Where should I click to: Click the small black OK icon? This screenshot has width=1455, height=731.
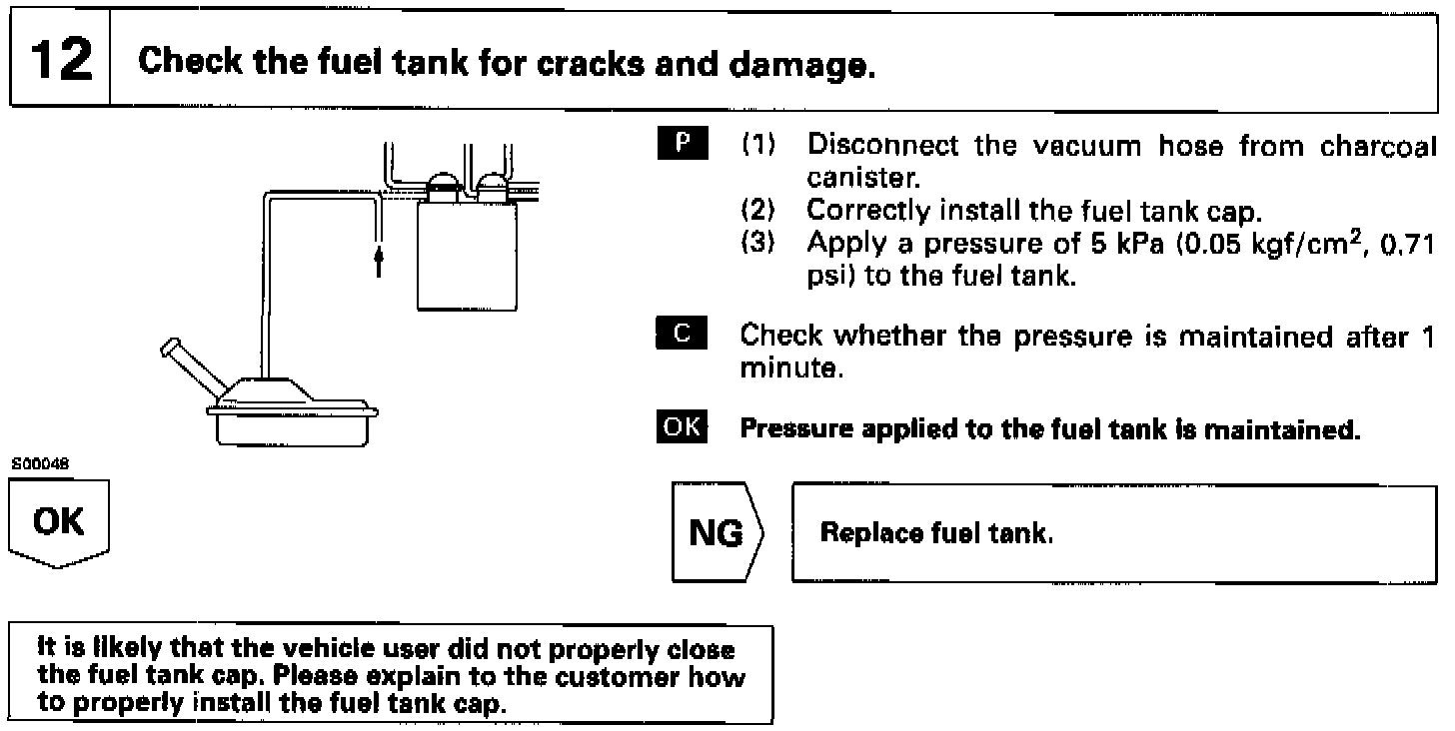pos(684,430)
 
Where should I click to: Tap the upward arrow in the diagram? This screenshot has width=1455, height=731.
pos(378,262)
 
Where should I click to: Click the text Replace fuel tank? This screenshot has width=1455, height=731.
pos(936,533)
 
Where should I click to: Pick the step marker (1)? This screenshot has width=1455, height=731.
pos(756,146)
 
